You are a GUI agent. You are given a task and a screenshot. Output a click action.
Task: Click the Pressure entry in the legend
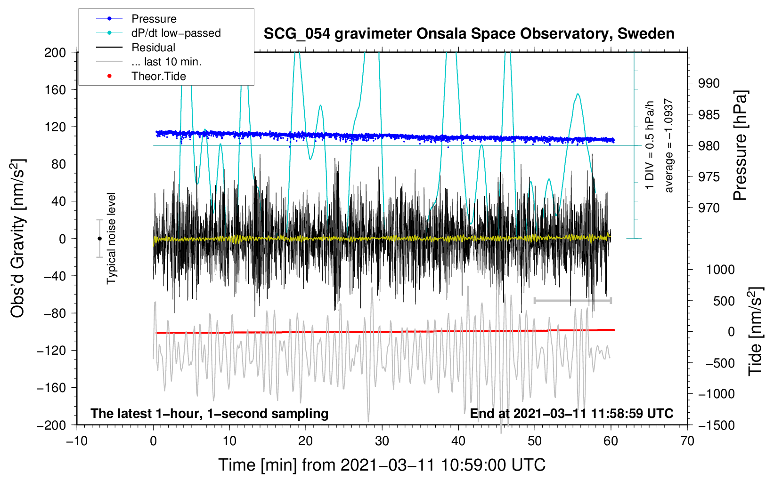click(154, 19)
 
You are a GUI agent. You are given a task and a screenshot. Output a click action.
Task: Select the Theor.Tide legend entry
click(158, 76)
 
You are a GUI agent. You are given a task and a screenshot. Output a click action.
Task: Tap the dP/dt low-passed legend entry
click(176, 33)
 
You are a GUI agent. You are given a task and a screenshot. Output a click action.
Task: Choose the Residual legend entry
click(153, 48)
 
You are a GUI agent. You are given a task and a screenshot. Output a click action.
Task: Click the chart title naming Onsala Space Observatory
click(469, 34)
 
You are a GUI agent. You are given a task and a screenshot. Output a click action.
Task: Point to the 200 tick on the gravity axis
click(55, 52)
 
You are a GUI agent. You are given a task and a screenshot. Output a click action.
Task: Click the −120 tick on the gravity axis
click(52, 351)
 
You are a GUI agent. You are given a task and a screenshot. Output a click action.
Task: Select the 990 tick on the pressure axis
click(709, 83)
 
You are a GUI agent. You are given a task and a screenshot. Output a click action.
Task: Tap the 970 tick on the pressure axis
click(709, 208)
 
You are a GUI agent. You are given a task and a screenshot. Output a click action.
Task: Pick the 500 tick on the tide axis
click(724, 301)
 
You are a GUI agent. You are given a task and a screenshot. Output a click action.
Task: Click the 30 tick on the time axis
click(382, 441)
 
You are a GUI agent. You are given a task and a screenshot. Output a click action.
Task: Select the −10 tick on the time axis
click(77, 441)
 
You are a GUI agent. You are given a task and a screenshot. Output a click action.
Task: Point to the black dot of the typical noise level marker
click(99, 239)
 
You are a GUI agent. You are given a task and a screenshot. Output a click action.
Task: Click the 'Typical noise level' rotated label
click(111, 238)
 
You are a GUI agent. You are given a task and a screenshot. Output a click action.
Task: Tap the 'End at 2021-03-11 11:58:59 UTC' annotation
click(571, 414)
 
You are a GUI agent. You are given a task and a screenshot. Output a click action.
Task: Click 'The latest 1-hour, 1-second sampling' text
click(210, 414)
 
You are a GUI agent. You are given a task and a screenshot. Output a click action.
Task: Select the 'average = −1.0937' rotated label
click(669, 145)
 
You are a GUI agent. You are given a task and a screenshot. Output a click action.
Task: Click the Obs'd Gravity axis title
click(18, 238)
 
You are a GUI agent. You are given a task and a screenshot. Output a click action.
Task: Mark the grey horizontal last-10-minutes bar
click(572, 300)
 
